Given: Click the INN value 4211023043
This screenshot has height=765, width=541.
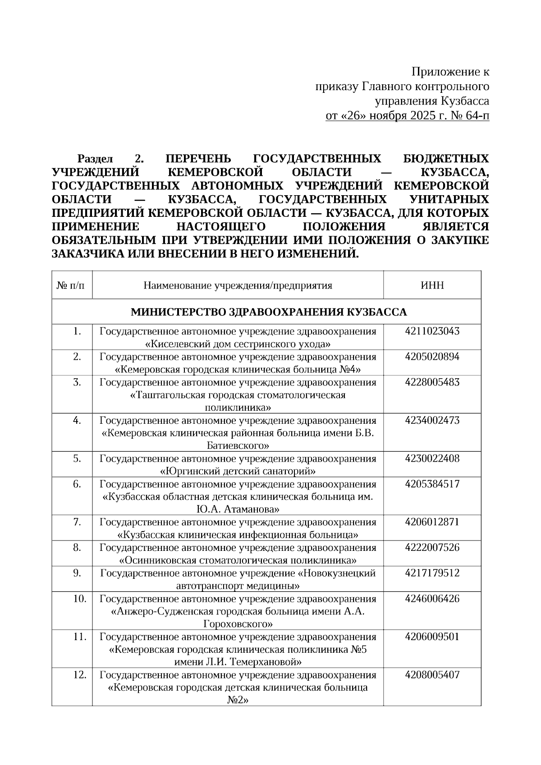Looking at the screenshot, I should (432, 331).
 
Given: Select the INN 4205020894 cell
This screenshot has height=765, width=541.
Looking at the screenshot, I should (432, 357).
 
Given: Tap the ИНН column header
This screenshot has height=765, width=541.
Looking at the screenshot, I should (432, 285).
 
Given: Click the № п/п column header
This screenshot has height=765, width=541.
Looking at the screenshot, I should (72, 285).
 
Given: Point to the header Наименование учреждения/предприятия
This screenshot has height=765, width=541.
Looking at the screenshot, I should (238, 285).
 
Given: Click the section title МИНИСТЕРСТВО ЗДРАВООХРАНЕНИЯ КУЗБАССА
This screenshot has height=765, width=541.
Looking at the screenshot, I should (269, 312).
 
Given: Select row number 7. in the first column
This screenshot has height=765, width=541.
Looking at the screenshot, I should (77, 522).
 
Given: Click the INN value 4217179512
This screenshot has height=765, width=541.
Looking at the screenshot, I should (432, 573).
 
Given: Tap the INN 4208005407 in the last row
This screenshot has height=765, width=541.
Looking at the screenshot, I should (432, 675).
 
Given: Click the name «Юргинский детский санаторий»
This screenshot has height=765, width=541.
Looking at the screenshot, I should (238, 472).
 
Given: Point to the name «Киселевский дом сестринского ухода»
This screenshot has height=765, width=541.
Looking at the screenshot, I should (238, 344).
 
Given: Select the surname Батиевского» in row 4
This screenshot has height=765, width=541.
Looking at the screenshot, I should (238, 446).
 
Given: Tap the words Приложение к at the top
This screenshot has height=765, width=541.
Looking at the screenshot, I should (450, 72).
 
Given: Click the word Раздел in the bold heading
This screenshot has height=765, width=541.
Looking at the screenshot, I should (95, 159).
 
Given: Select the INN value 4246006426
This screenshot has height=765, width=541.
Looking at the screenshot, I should (432, 599).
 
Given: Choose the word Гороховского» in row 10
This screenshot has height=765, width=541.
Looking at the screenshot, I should (238, 624).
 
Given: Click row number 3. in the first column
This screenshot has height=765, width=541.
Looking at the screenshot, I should (77, 382).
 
